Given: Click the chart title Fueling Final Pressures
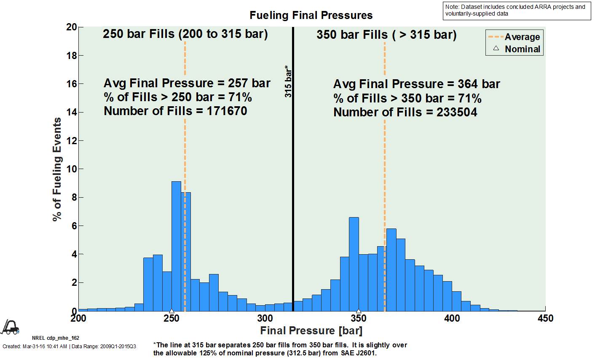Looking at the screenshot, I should point(311,16).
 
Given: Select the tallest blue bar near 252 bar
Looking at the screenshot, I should point(176,246).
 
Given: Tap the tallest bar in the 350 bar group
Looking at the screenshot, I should point(354,264).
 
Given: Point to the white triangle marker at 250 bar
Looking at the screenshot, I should point(172,311).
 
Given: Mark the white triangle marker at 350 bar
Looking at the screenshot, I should point(359,311).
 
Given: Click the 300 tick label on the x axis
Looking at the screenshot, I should point(265,318).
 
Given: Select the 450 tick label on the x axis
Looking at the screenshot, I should point(545,318).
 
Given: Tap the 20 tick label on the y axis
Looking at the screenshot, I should point(72,27).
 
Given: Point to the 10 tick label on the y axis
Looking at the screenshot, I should point(72,169).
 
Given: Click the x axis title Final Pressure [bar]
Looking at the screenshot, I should point(311,330).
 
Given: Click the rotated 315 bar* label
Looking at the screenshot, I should point(288,81).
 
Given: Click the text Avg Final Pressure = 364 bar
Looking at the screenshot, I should point(416,84).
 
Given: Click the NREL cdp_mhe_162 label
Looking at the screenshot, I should point(55,338).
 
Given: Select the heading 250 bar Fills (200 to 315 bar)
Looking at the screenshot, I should point(185,34).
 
